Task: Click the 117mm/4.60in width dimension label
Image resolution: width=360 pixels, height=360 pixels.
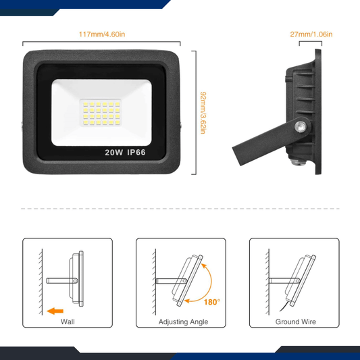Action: tap(102, 34)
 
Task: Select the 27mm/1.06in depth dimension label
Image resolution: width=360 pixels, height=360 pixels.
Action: tap(311, 34)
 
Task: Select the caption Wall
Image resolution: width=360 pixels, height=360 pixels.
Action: tap(68, 322)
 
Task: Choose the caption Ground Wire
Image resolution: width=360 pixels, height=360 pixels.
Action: tap(295, 322)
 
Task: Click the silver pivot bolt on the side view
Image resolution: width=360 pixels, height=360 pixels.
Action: tap(298, 126)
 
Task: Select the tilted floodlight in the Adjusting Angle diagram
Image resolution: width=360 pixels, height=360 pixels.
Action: tap(189, 278)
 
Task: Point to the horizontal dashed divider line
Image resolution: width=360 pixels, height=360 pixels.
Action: tap(180, 209)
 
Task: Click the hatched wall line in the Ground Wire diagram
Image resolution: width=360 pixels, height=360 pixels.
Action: tap(268, 277)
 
